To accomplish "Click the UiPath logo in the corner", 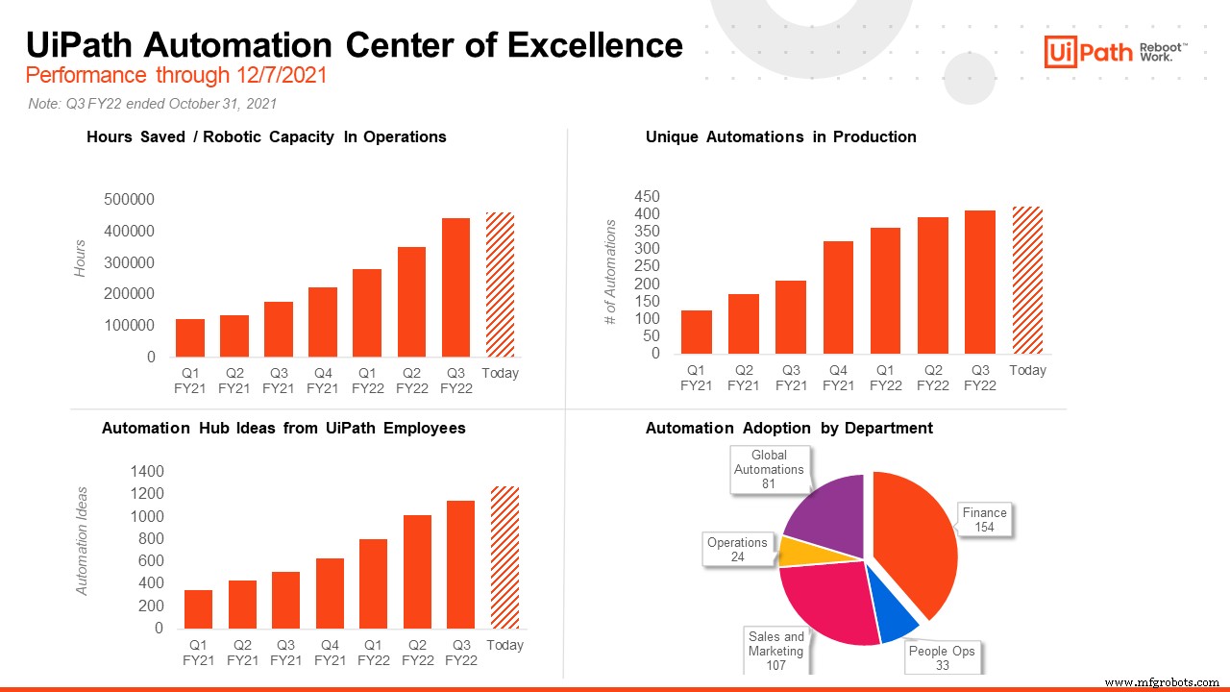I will click(x=1115, y=51).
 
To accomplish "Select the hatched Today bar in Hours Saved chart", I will click(x=500, y=284).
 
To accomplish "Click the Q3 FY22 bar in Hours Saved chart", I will click(x=456, y=287).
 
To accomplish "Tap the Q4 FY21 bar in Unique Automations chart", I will click(x=839, y=297).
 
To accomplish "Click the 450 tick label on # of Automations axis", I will click(x=648, y=196).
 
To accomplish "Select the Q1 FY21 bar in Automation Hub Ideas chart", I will click(x=198, y=608).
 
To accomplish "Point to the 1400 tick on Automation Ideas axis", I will click(x=147, y=471).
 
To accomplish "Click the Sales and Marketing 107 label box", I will click(x=776, y=651).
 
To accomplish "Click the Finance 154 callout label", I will click(x=985, y=519).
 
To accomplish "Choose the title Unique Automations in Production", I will click(x=780, y=136).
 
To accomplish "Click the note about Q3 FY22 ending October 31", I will click(x=154, y=103).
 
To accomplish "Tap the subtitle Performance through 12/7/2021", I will click(x=176, y=75).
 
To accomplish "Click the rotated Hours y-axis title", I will click(x=82, y=259).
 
